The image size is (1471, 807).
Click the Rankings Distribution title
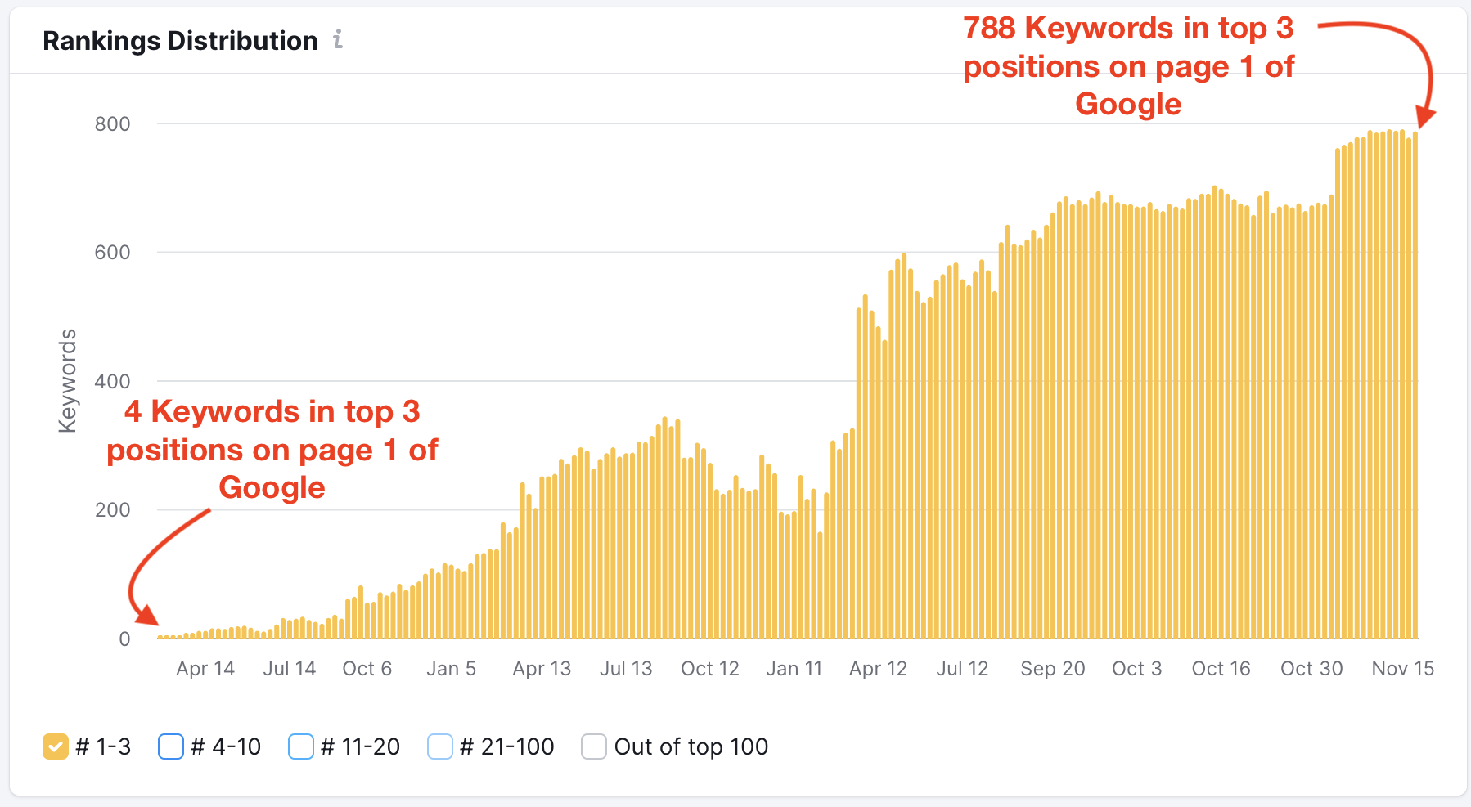tap(180, 41)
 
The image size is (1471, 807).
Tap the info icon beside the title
tap(338, 39)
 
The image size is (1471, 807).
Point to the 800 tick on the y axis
tap(112, 124)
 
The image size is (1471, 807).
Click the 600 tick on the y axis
tap(112, 253)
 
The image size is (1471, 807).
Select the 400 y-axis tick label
tap(112, 381)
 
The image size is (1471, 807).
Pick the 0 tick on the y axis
tap(124, 639)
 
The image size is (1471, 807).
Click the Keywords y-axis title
tap(67, 380)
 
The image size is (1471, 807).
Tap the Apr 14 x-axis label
tap(205, 669)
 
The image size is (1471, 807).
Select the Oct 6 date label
tap(367, 669)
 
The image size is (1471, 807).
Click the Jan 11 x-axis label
tap(794, 669)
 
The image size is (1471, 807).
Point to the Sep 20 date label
tap(1052, 669)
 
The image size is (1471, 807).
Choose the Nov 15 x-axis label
tap(1402, 669)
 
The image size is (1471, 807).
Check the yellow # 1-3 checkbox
tap(56, 746)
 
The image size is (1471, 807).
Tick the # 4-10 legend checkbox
tap(170, 746)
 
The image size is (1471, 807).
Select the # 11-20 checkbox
tap(301, 746)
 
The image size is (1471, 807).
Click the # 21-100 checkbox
tap(440, 746)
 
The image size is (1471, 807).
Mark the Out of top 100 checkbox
tap(593, 746)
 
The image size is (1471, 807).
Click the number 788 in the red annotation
tap(989, 29)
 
